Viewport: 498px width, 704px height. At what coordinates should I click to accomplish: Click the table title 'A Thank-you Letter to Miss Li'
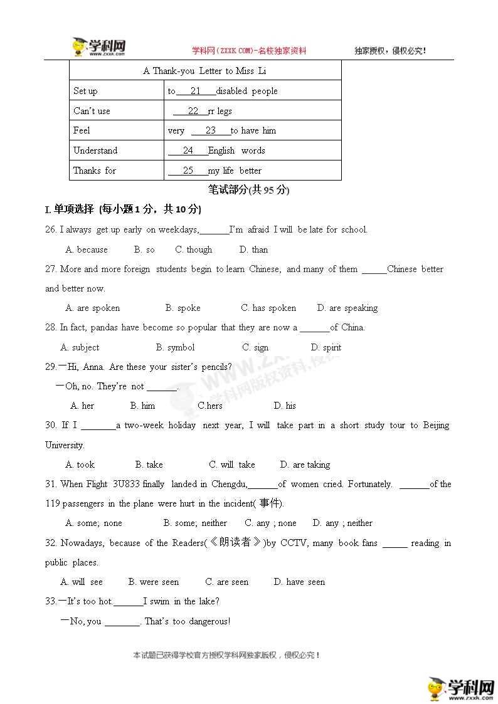(x=205, y=71)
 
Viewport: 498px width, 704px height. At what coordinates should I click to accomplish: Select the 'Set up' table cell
(x=85, y=91)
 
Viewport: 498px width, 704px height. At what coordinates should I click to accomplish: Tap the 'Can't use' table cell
(x=92, y=111)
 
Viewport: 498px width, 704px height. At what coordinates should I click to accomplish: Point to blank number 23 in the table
(x=211, y=130)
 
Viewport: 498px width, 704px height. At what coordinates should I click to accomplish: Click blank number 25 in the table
(x=188, y=171)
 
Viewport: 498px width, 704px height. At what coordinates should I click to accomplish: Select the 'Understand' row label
(x=95, y=150)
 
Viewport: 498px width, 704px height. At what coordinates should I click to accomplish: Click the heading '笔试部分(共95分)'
(x=248, y=190)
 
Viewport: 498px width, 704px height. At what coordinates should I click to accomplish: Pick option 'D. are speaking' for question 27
(x=347, y=308)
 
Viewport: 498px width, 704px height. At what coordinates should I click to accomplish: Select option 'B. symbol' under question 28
(x=176, y=347)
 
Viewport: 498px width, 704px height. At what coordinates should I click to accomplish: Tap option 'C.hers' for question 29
(x=210, y=406)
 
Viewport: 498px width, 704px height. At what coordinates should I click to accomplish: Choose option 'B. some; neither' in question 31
(x=195, y=523)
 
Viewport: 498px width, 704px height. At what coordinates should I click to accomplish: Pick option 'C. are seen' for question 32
(x=227, y=582)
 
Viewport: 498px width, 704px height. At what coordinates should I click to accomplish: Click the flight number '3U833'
(x=127, y=484)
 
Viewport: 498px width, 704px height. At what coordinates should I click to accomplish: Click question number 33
(x=51, y=601)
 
